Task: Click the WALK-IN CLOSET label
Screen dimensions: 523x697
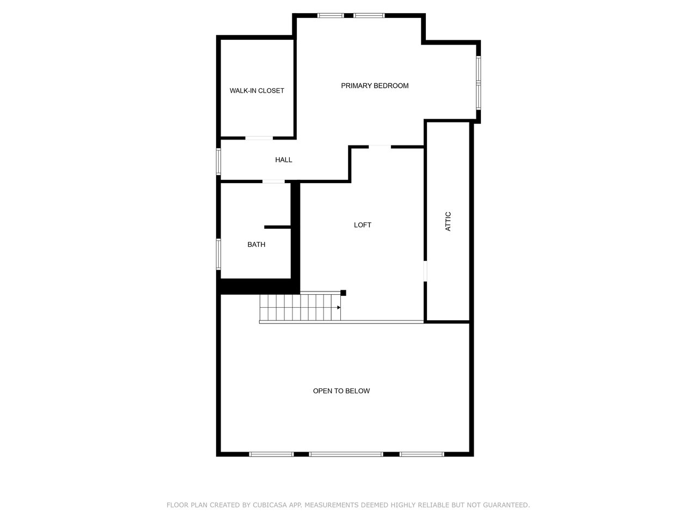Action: tap(256, 90)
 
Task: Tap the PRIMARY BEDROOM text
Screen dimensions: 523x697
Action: tap(375, 86)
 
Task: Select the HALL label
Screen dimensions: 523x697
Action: tap(283, 160)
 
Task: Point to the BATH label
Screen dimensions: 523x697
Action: tap(256, 245)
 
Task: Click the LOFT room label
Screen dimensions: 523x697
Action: tap(363, 225)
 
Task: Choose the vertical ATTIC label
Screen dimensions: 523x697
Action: tap(448, 221)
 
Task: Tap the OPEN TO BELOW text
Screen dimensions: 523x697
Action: tap(341, 391)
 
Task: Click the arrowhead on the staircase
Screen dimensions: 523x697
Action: tap(339, 307)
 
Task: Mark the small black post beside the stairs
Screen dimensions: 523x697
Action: tap(343, 293)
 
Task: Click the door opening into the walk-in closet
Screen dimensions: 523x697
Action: tap(259, 138)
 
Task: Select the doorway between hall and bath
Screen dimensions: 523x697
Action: tap(273, 181)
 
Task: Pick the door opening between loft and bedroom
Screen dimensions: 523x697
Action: tap(380, 146)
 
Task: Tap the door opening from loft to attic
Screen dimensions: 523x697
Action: tap(425, 271)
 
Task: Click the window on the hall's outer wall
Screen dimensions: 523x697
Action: tap(218, 161)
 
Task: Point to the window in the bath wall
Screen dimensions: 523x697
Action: tap(218, 254)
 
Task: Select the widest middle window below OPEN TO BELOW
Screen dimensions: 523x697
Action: tap(346, 454)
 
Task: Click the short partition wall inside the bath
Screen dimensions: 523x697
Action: tap(277, 227)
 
